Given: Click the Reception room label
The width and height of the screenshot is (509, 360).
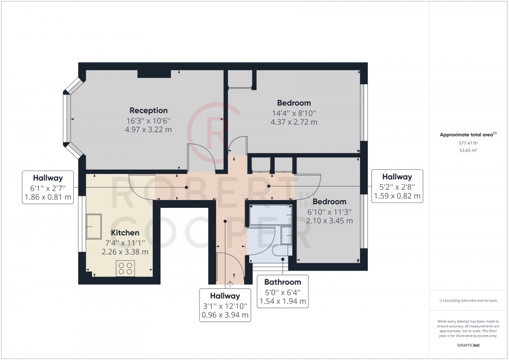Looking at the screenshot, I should coord(149,110).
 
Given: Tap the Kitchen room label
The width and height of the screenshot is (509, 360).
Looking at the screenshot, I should coord(125,233).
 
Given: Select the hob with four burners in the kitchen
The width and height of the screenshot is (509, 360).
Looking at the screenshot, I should coord(125,268).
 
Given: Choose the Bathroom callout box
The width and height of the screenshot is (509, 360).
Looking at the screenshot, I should coord(283,290).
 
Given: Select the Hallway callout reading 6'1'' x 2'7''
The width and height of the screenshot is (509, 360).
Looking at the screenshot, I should coord(48,186).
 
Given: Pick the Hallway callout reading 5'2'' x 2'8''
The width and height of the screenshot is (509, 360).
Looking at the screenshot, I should coord(397,186).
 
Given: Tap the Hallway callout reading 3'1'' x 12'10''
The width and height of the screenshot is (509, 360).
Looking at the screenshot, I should coord(225,304).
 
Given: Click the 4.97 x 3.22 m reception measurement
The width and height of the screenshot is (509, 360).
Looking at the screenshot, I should coord(149,129).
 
